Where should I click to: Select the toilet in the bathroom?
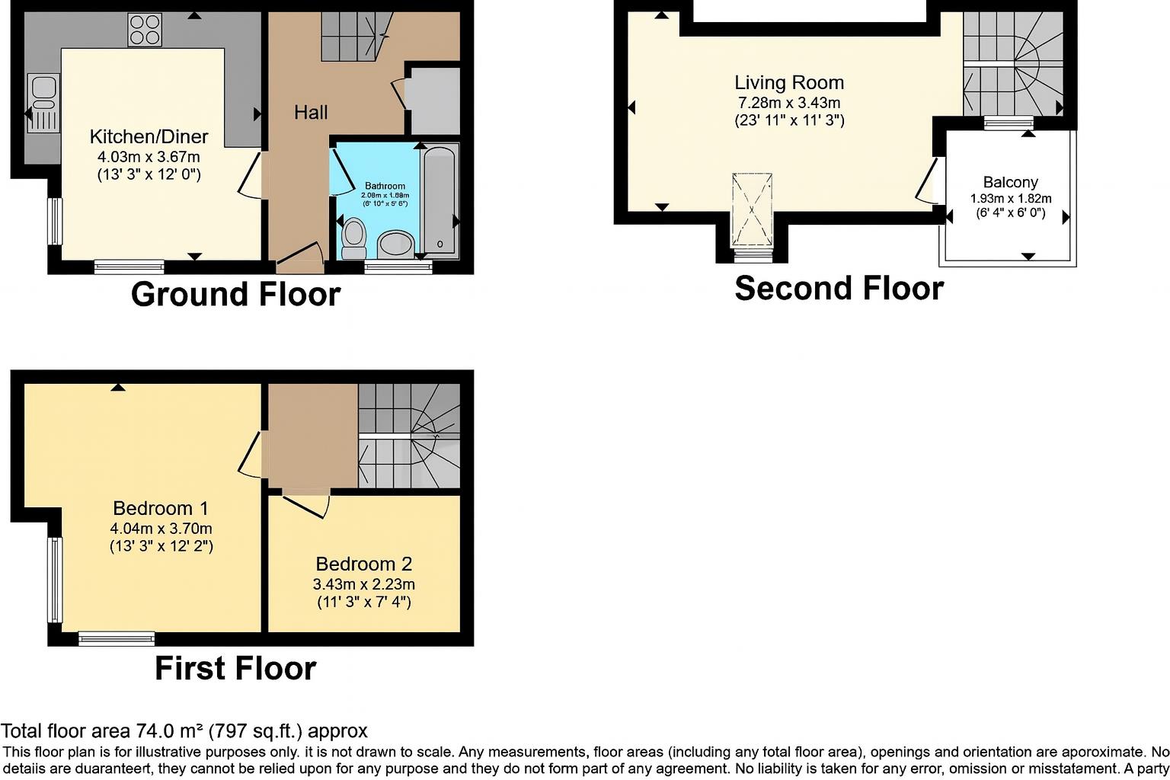tap(353, 238)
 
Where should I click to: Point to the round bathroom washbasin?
tap(395, 245)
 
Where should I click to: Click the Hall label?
tap(311, 113)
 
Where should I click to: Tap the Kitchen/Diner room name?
tap(149, 137)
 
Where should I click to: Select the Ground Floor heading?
tap(235, 295)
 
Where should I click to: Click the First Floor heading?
tap(235, 669)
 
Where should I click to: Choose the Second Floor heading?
tap(839, 289)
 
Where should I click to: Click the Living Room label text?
tap(789, 82)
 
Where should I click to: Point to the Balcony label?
tap(1010, 182)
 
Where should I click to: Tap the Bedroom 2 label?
tap(363, 564)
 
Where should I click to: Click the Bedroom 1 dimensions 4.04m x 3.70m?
tap(161, 528)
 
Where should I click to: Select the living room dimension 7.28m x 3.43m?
tap(789, 103)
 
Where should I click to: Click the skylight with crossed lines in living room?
tap(752, 209)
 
